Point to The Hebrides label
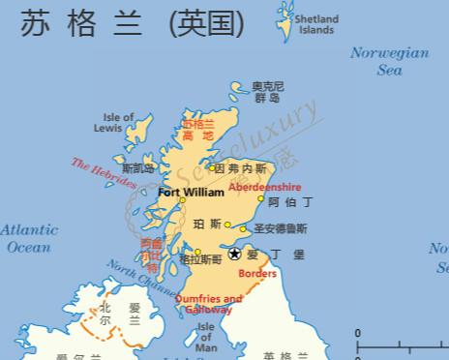[x=103, y=173]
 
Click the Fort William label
[x=191, y=193]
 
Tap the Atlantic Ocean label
[x=28, y=238]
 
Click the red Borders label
[x=256, y=274]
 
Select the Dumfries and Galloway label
[x=208, y=305]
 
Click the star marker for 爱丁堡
[x=235, y=254]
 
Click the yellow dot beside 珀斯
[x=228, y=225]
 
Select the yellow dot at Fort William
[x=181, y=200]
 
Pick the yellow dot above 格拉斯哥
[x=197, y=252]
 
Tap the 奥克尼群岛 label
[x=267, y=92]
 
